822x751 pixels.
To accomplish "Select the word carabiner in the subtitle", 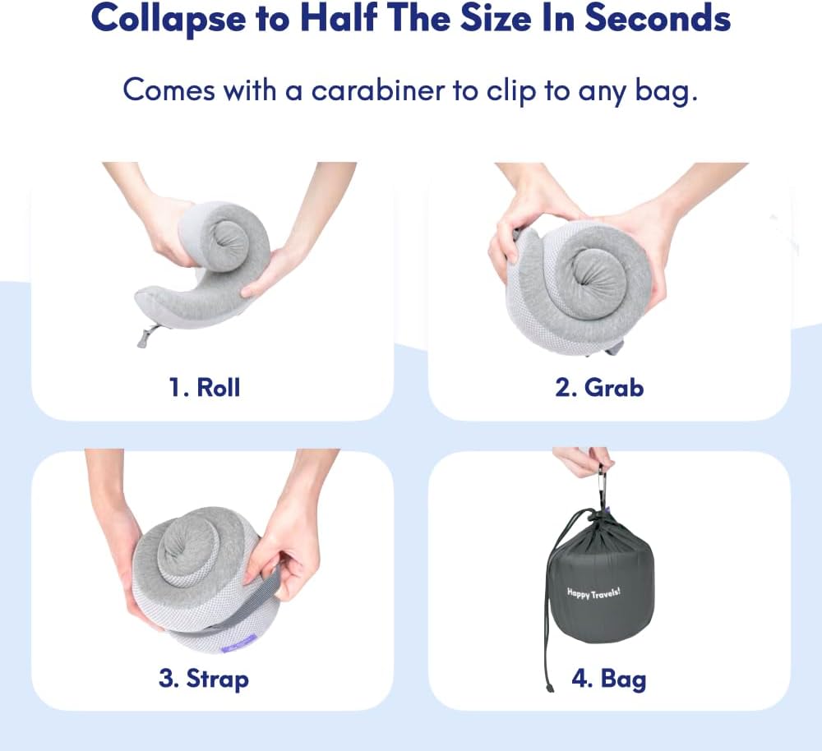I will [380, 90].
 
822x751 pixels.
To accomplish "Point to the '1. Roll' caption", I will [205, 387].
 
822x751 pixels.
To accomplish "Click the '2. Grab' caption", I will [599, 387].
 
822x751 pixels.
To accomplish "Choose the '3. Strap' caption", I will [203, 680].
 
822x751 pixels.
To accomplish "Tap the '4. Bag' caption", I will [608, 680].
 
